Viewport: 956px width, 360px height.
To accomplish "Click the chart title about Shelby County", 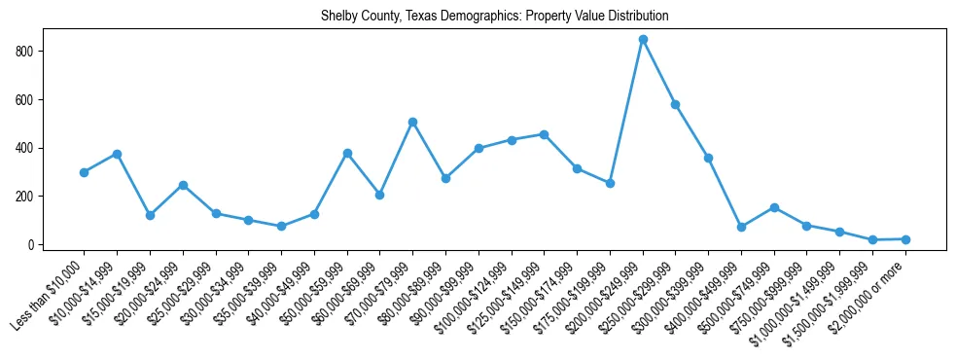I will tap(494, 17).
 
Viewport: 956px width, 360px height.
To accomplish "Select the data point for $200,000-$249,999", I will tap(643, 39).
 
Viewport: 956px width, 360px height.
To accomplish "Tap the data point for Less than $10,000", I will tap(84, 172).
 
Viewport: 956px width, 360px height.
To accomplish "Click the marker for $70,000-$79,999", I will tap(412, 122).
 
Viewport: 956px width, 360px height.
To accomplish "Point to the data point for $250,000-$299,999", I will tap(675, 104).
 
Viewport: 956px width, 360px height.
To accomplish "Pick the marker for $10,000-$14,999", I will tap(117, 154).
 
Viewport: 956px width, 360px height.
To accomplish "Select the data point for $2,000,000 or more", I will tap(905, 239).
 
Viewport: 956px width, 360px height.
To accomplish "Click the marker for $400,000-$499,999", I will tap(741, 227).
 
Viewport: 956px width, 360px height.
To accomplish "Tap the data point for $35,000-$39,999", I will tap(281, 226).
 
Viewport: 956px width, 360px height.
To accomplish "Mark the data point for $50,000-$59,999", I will tap(347, 153).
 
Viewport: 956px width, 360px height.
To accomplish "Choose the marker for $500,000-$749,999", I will tap(774, 207).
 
